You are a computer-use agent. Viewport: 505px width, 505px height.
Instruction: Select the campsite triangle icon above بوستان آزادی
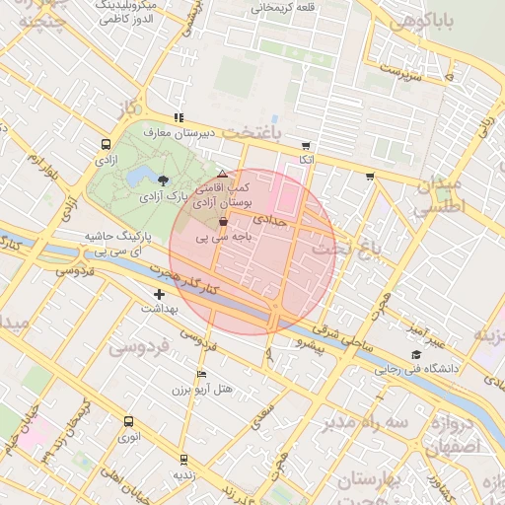(222, 174)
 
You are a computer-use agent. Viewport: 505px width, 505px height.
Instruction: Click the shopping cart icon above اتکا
(306, 145)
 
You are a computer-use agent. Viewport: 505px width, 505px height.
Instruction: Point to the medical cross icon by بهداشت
(159, 294)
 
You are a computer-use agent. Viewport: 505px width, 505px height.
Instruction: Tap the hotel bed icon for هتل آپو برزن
(201, 375)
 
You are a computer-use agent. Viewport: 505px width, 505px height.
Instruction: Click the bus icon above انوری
(127, 421)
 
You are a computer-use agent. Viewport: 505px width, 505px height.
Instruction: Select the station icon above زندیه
(183, 459)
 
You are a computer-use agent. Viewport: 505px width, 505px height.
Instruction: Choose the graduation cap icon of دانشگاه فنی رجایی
(415, 355)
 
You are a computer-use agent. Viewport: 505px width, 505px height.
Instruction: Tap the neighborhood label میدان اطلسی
(435, 196)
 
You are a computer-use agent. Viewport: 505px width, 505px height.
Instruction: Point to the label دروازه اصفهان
(464, 435)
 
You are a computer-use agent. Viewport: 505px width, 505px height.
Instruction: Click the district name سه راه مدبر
(371, 423)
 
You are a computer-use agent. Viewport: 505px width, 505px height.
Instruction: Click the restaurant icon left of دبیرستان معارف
(178, 117)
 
